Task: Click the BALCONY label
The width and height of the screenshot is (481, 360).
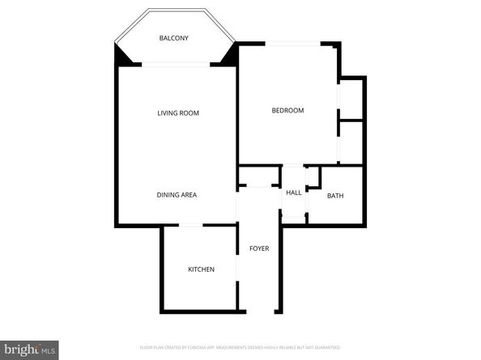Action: click(x=175, y=39)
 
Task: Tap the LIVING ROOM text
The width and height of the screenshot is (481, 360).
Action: click(x=178, y=113)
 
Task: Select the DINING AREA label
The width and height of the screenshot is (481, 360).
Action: click(x=177, y=195)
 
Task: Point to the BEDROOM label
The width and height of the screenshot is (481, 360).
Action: click(x=287, y=110)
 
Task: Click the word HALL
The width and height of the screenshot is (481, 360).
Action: click(x=293, y=193)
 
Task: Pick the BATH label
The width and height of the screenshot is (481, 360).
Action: click(x=334, y=196)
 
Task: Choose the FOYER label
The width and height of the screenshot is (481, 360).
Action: click(x=259, y=248)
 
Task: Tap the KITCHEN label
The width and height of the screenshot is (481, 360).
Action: click(x=201, y=269)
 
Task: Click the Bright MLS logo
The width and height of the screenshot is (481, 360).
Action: click(x=29, y=349)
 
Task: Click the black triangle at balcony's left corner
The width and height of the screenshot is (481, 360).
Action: click(x=122, y=56)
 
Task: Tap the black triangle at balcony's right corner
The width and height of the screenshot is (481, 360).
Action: click(x=228, y=56)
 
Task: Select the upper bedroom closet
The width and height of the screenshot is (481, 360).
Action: click(x=351, y=98)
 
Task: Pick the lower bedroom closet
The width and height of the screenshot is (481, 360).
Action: click(x=351, y=142)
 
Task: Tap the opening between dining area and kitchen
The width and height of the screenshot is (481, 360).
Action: click(x=191, y=226)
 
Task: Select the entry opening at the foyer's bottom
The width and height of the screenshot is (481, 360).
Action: click(x=259, y=311)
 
